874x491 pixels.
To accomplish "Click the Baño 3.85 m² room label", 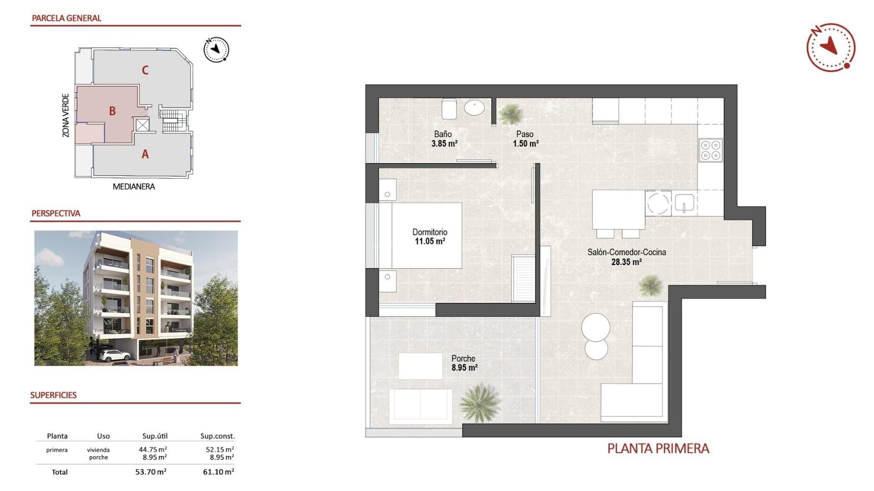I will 444,139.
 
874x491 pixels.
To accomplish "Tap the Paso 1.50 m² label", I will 525,139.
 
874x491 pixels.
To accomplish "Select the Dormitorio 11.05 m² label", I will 430,236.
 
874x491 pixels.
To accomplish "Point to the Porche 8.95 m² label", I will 464,363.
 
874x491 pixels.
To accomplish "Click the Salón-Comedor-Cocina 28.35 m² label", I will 626,257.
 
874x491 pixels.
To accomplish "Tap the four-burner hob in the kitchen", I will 710,150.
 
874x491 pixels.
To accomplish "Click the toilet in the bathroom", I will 449,109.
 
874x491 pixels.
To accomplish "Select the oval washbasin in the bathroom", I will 474,108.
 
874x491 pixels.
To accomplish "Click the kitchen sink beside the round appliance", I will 684,203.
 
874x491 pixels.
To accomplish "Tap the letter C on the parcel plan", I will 145,70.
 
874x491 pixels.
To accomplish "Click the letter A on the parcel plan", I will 145,155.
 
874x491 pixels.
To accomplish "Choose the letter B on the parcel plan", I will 112,111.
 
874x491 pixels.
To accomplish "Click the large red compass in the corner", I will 830,47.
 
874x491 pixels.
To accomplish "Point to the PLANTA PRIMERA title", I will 658,449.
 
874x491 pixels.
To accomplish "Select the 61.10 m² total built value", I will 218,472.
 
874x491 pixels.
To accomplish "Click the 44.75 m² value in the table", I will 152,450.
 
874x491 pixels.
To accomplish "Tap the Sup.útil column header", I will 155,436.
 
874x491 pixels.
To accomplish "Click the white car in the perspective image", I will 111,356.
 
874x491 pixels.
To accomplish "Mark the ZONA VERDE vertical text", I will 66,115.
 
